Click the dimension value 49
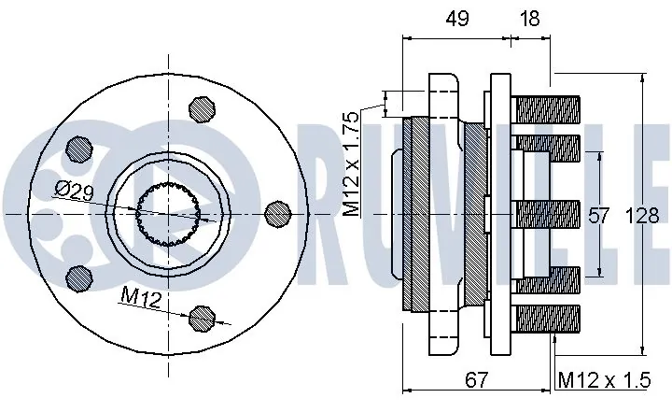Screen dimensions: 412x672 tap(456, 18)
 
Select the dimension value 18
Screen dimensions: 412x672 tap(531, 18)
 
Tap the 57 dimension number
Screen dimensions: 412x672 tap(598, 216)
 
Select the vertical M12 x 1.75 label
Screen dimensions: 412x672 tap(351, 164)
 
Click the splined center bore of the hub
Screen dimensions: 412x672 tap(168, 215)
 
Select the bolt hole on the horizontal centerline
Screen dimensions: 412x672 tap(277, 215)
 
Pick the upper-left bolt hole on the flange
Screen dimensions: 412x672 tap(80, 150)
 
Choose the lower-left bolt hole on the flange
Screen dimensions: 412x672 tap(80, 278)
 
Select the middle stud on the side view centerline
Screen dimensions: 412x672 tap(547, 215)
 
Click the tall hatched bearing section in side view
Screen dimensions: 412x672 tap(416, 215)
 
